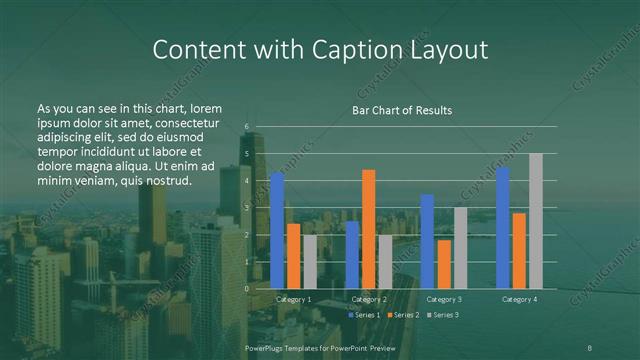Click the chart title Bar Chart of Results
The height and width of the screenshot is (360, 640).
click(402, 110)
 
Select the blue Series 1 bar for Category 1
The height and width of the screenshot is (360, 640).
click(277, 230)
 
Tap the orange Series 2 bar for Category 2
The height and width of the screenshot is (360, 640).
click(369, 229)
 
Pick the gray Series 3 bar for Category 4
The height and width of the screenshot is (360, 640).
click(535, 221)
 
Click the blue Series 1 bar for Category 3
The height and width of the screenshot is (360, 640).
click(427, 241)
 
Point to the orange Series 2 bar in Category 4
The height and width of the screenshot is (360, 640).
click(519, 250)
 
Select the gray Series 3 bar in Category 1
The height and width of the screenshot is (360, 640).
click(309, 261)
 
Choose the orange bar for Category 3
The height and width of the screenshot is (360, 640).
click(443, 264)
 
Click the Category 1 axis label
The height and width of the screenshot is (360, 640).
click(293, 299)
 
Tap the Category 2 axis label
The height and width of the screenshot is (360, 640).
click(368, 299)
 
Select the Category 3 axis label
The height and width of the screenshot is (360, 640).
click(443, 299)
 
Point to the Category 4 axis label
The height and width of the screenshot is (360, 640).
click(519, 299)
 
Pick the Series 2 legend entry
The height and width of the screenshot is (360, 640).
click(404, 315)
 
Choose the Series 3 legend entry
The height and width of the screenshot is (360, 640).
click(443, 315)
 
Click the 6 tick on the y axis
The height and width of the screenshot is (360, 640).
click(246, 126)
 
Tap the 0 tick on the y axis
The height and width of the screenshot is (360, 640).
click(246, 288)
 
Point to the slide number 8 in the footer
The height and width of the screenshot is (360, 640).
click(590, 347)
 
